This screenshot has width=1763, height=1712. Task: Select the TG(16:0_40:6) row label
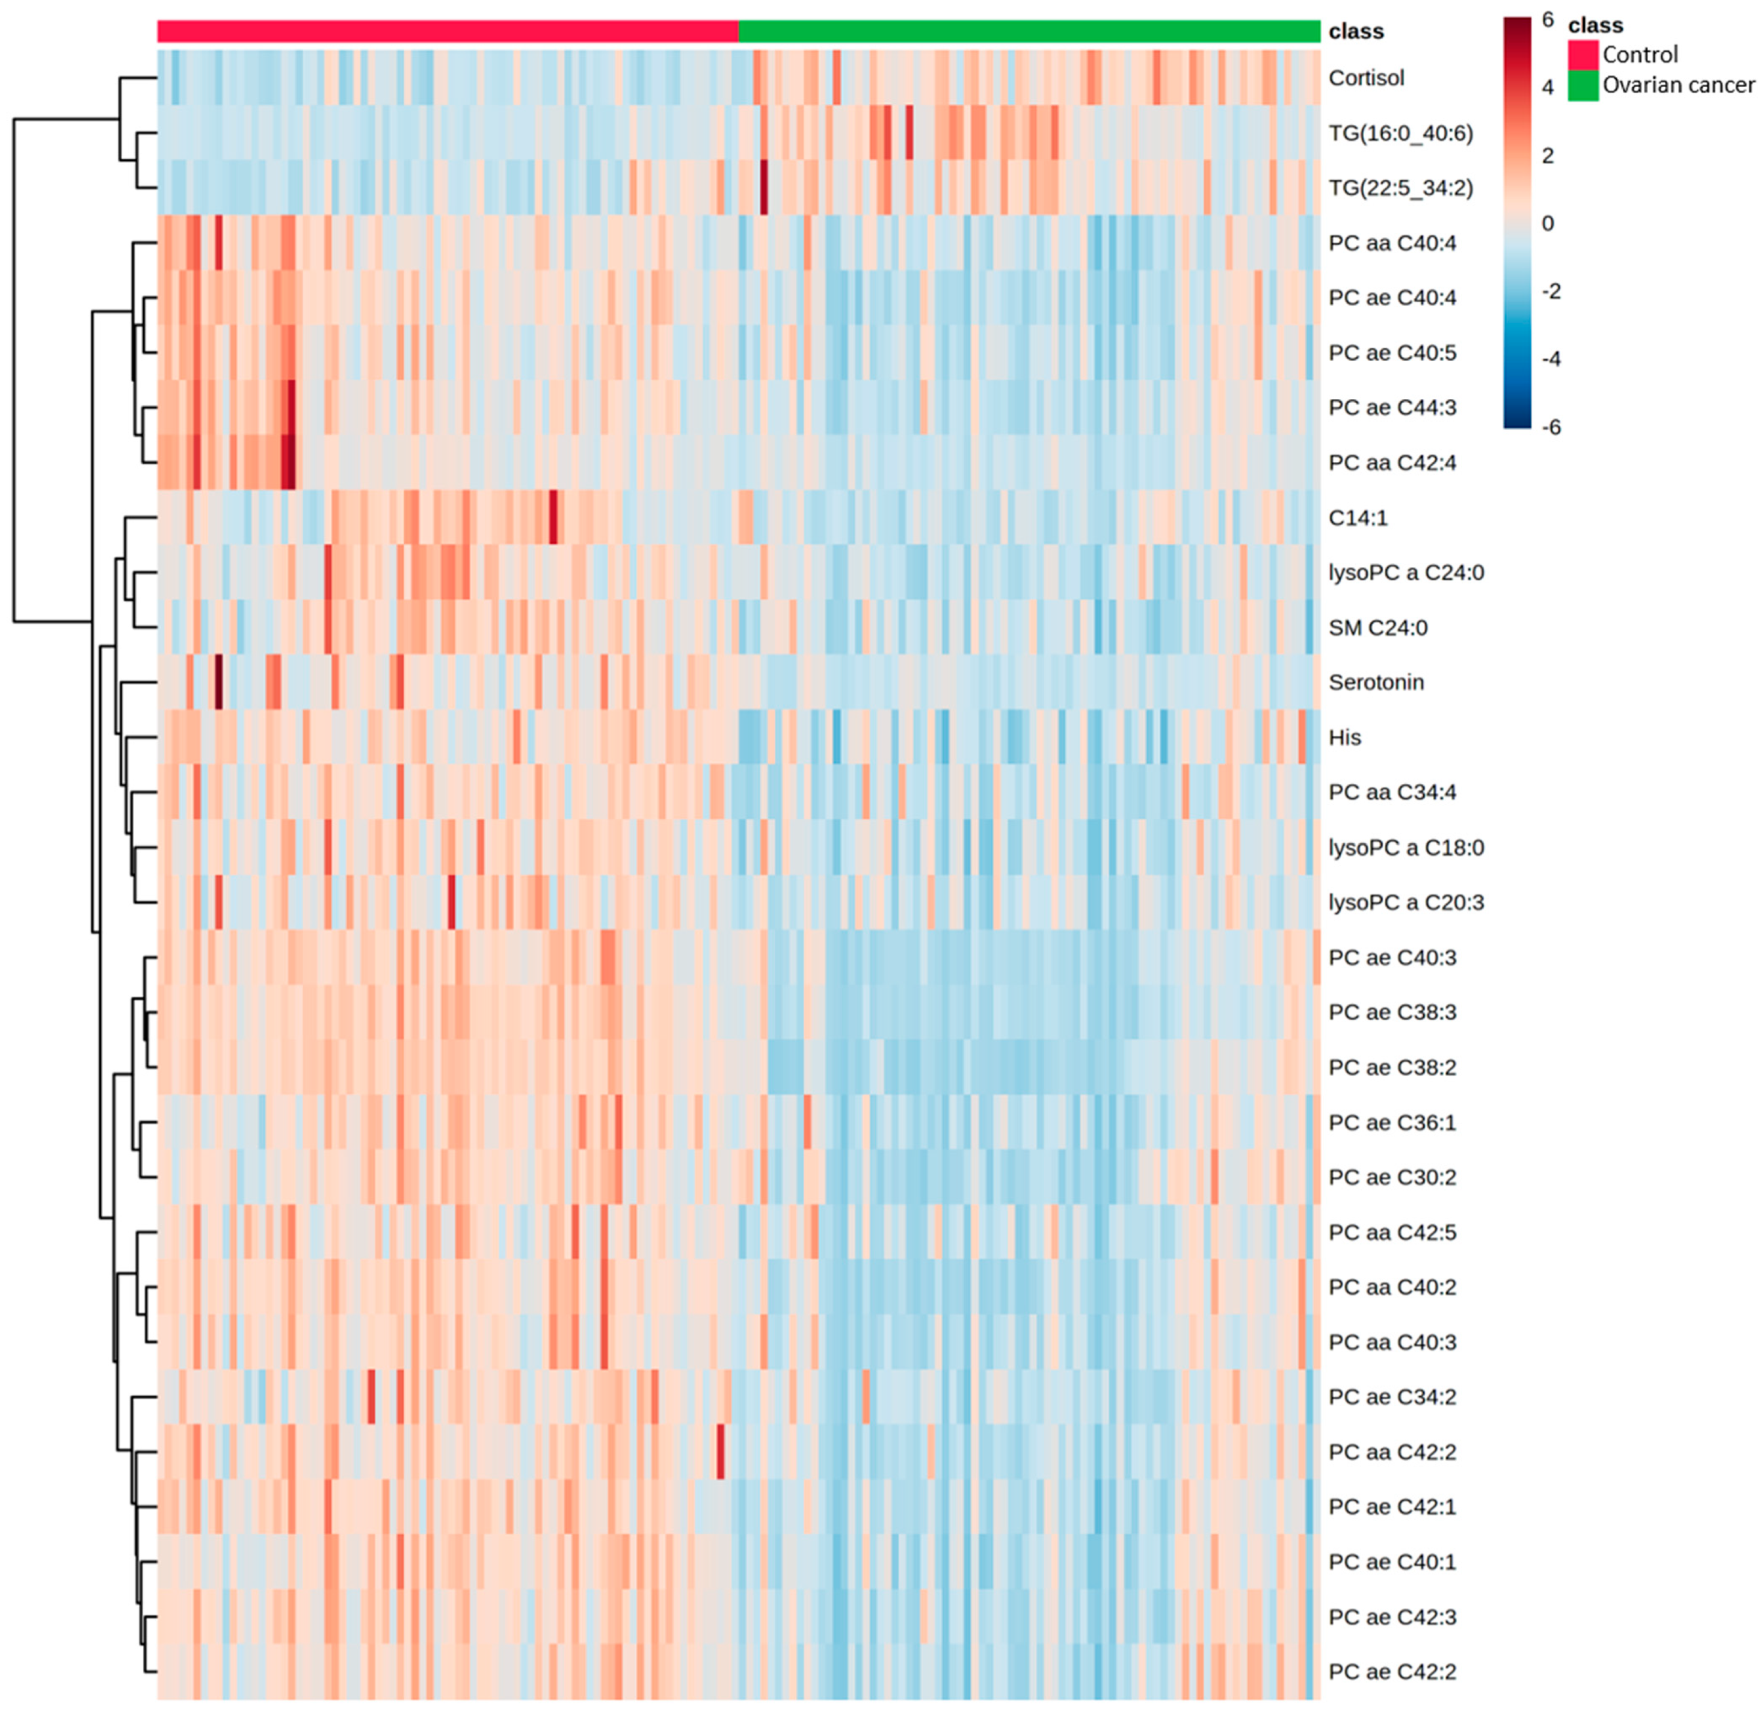pos(1400,133)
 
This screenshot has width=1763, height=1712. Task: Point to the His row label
pos(1345,737)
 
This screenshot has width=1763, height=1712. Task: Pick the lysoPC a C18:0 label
pos(1405,848)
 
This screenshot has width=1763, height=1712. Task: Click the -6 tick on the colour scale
pos(1550,427)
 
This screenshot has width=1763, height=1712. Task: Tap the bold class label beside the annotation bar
pos(1356,31)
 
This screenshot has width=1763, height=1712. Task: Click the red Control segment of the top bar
pos(447,31)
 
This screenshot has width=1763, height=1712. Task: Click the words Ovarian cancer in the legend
pos(1678,85)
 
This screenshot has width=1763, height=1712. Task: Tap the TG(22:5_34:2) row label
pos(1400,188)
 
